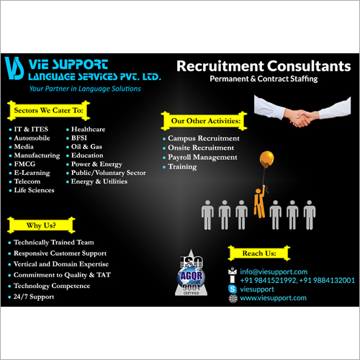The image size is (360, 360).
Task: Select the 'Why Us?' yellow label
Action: pyautogui.click(x=32, y=225)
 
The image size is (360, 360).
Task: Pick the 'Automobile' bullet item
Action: pyautogui.click(x=32, y=138)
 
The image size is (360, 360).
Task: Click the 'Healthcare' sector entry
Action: pyautogui.click(x=89, y=129)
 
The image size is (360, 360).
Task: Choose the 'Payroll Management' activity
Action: pyautogui.click(x=202, y=157)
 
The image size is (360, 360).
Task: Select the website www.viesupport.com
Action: pyautogui.click(x=273, y=297)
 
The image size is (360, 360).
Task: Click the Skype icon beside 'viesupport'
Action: pyautogui.click(x=232, y=289)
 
